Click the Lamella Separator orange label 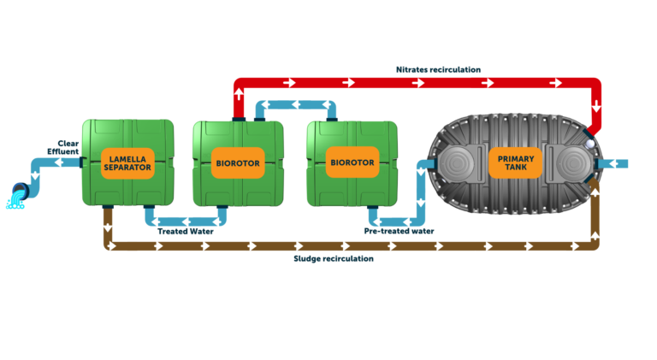(127, 162)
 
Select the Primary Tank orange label (515, 162)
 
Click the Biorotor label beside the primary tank (352, 162)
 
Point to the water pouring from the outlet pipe (15, 203)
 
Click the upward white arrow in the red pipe (239, 93)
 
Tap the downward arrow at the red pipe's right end (595, 106)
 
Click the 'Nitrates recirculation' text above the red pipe (438, 69)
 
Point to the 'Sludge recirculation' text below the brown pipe (334, 258)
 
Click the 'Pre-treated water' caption (400, 231)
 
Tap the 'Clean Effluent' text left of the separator (63, 147)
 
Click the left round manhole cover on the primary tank (457, 163)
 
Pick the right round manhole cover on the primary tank (573, 163)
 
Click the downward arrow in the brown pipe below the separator (108, 227)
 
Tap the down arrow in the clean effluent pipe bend (35, 175)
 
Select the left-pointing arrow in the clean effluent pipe (58, 162)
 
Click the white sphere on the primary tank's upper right (589, 144)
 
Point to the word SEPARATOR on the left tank (127, 168)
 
